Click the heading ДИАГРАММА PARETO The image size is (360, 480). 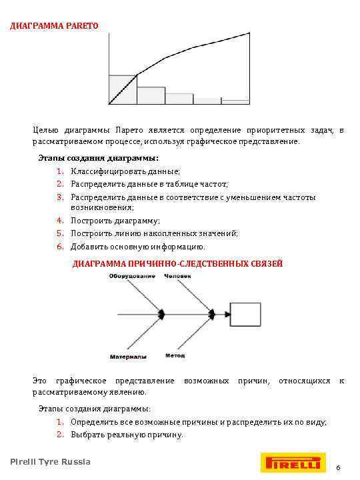point(53,26)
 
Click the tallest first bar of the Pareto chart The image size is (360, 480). point(122,91)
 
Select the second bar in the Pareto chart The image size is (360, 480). point(151,96)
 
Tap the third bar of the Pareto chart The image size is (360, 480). point(179,99)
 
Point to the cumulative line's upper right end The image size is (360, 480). point(249,33)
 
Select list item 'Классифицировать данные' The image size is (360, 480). point(125,171)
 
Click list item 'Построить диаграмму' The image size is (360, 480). point(115,221)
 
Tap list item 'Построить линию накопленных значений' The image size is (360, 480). point(154,233)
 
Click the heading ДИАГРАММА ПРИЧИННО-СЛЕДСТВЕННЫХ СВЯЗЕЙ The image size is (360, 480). point(177,264)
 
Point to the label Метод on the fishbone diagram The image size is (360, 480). point(175,355)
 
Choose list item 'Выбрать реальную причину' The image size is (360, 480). point(126,435)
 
